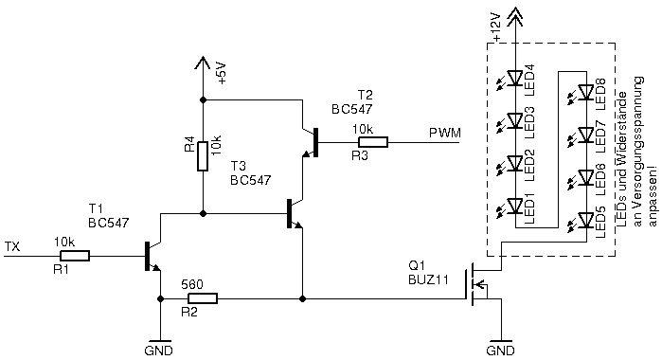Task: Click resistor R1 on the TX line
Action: pyautogui.click(x=73, y=255)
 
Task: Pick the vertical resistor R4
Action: pyautogui.click(x=203, y=156)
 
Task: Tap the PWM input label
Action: pyautogui.click(x=444, y=133)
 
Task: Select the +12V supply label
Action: pyautogui.click(x=495, y=27)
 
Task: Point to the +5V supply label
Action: pyautogui.click(x=222, y=73)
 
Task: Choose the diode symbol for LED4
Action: pyautogui.click(x=515, y=79)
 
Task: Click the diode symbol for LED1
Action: pyautogui.click(x=515, y=206)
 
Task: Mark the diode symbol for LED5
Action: pyautogui.click(x=586, y=223)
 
